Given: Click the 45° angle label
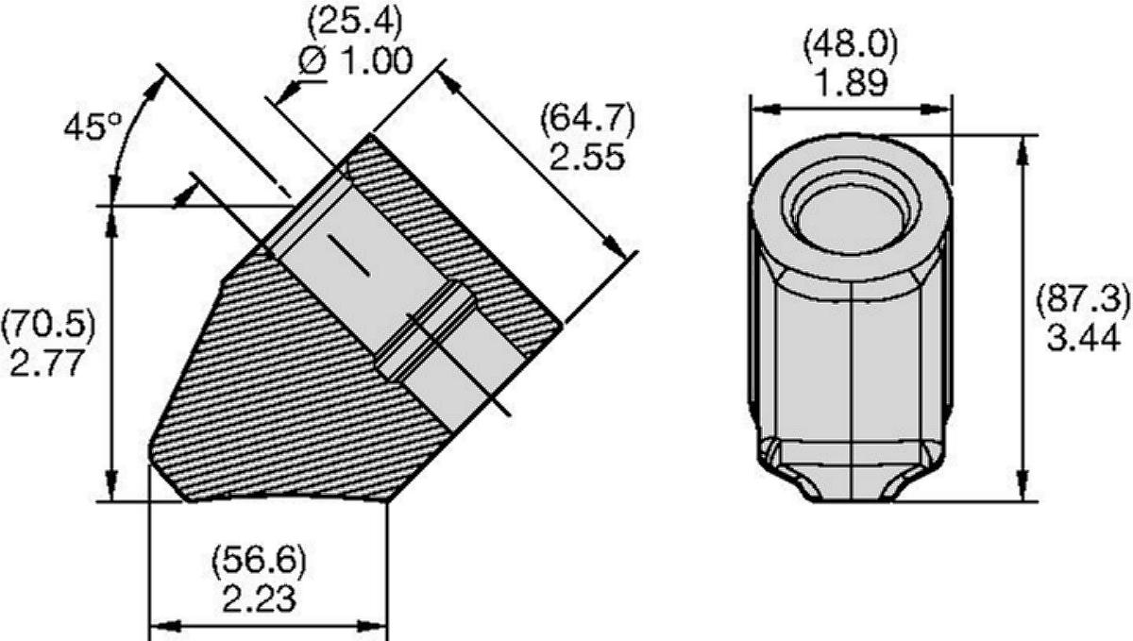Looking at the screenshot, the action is pyautogui.click(x=93, y=126).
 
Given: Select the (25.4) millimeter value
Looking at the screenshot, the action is pyautogui.click(x=355, y=22).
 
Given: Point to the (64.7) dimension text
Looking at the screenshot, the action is pyautogui.click(x=587, y=120).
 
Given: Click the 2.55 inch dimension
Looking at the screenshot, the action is pyautogui.click(x=586, y=157).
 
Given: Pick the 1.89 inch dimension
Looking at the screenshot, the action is pyautogui.click(x=853, y=83).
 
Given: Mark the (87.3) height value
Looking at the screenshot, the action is pyautogui.click(x=1082, y=300).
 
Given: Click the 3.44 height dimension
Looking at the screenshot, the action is pyautogui.click(x=1083, y=337).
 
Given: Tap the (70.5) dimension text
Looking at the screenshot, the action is pyautogui.click(x=48, y=325).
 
